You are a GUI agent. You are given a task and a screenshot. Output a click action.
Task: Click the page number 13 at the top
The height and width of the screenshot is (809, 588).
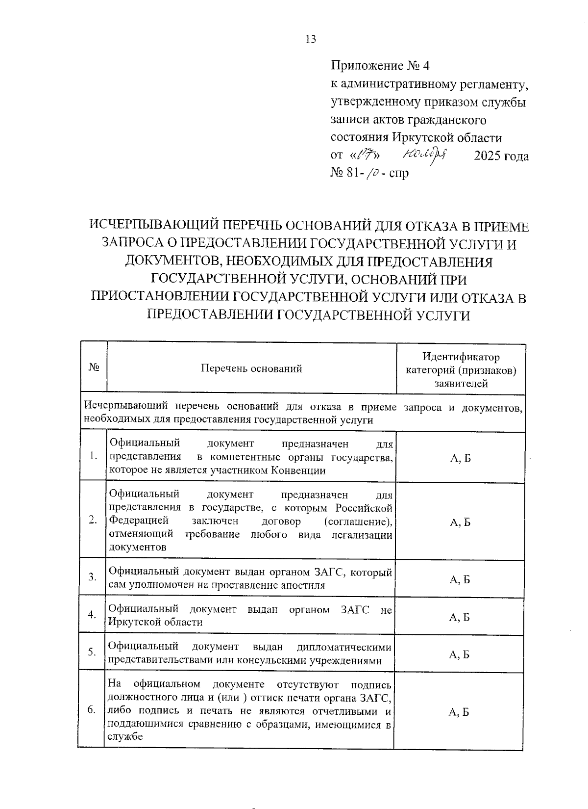pyautogui.click(x=311, y=40)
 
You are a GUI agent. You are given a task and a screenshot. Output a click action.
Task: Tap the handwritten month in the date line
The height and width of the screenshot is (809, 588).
pyautogui.click(x=424, y=156)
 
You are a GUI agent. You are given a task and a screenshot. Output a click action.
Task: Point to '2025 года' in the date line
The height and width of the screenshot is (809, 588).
pyautogui.click(x=502, y=157)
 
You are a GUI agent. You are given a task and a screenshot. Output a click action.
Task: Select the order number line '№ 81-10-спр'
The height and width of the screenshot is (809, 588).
pyautogui.click(x=370, y=173)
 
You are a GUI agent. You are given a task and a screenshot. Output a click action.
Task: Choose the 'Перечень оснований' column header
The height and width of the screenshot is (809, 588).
pyautogui.click(x=251, y=368)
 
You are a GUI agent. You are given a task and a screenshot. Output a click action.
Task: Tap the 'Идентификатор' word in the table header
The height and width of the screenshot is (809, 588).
pyautogui.click(x=461, y=357)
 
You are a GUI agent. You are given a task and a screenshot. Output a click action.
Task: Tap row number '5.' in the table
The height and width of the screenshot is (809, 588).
pyautogui.click(x=92, y=652)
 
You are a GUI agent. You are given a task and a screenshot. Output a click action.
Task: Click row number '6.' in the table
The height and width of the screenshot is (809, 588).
pyautogui.click(x=92, y=710)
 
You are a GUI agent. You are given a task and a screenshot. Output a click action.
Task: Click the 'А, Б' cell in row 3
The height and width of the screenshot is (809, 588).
pyautogui.click(x=460, y=579)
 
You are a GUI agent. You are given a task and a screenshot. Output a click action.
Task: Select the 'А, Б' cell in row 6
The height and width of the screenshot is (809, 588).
pyautogui.click(x=459, y=712)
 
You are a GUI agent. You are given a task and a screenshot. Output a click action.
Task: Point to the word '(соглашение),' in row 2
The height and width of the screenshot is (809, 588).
pyautogui.click(x=359, y=521)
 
